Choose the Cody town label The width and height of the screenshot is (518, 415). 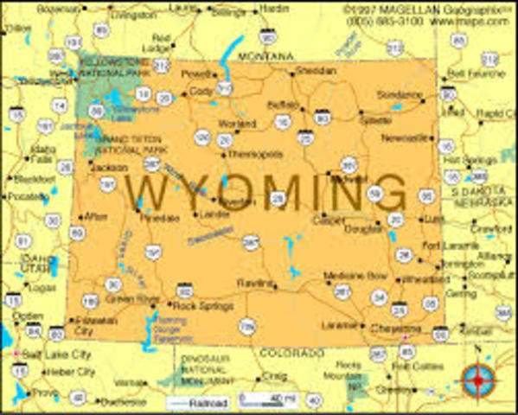[201, 90]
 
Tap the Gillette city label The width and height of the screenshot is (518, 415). [375, 121]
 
